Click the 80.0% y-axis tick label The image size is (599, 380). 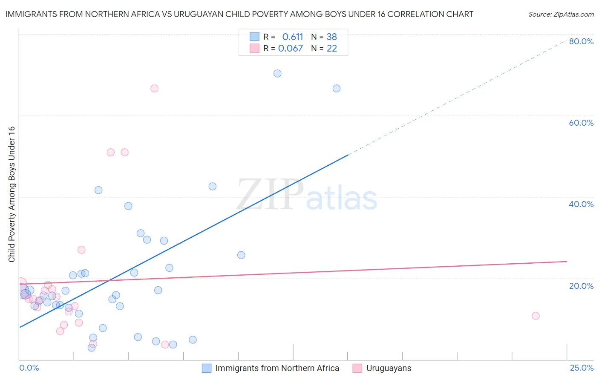pyautogui.click(x=581, y=41)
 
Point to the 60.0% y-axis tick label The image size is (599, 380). pyautogui.click(x=581, y=123)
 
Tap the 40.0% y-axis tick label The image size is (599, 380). pyautogui.click(x=581, y=204)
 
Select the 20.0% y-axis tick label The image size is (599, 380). pyautogui.click(x=581, y=286)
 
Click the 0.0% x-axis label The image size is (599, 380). pyautogui.click(x=29, y=368)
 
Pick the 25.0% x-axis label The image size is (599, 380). pyautogui.click(x=581, y=368)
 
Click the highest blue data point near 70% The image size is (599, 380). pyautogui.click(x=277, y=73)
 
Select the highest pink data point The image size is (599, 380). pyautogui.click(x=155, y=88)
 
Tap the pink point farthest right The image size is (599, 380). pyautogui.click(x=536, y=316)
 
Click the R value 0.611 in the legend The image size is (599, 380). pyautogui.click(x=293, y=37)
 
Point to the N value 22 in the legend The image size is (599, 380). pyautogui.click(x=332, y=49)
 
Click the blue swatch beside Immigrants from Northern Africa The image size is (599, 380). pyautogui.click(x=207, y=368)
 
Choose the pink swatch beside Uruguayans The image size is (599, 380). pyautogui.click(x=357, y=368)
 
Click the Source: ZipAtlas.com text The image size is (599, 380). pyautogui.click(x=561, y=14)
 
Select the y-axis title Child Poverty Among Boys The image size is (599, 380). pyautogui.click(x=12, y=194)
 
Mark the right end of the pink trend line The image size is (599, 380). pyautogui.click(x=567, y=261)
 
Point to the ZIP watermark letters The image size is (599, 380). pyautogui.click(x=271, y=195)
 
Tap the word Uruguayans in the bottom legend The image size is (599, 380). pyautogui.click(x=389, y=368)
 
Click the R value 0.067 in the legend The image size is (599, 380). pyautogui.click(x=291, y=49)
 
